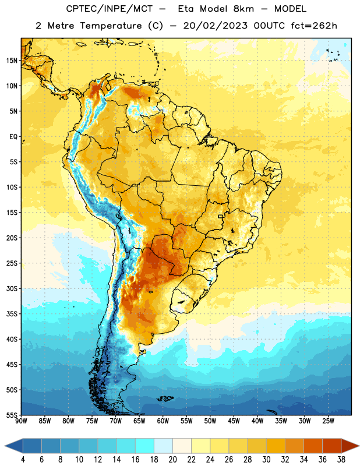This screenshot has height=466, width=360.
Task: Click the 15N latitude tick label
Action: click(12, 61)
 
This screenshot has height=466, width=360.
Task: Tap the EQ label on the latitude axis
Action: click(13, 137)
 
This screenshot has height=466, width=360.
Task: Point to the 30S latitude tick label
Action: click(12, 289)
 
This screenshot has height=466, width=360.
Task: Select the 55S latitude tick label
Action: click(12, 415)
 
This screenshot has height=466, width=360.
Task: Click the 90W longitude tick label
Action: click(21, 421)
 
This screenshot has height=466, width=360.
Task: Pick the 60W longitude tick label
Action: click(163, 421)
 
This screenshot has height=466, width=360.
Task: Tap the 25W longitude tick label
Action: click(328, 421)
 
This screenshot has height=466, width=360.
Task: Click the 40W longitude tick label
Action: click(257, 421)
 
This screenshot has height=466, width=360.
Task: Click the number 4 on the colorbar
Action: click(23, 460)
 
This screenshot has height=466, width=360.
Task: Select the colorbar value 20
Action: click(172, 460)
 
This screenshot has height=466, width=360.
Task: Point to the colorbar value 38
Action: click(341, 460)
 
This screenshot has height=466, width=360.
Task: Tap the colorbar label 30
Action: click(266, 460)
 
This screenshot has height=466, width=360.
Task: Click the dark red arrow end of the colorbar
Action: click(350, 446)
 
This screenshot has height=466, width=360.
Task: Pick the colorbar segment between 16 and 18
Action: click(145, 446)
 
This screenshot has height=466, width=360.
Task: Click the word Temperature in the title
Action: click(111, 26)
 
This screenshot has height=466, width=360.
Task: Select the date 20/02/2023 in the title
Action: click(215, 26)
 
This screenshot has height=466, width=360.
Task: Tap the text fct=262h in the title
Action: click(314, 26)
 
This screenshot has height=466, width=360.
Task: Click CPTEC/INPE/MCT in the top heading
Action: click(109, 9)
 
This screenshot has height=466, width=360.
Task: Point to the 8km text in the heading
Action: click(243, 9)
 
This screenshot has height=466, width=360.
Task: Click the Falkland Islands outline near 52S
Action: click(165, 398)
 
